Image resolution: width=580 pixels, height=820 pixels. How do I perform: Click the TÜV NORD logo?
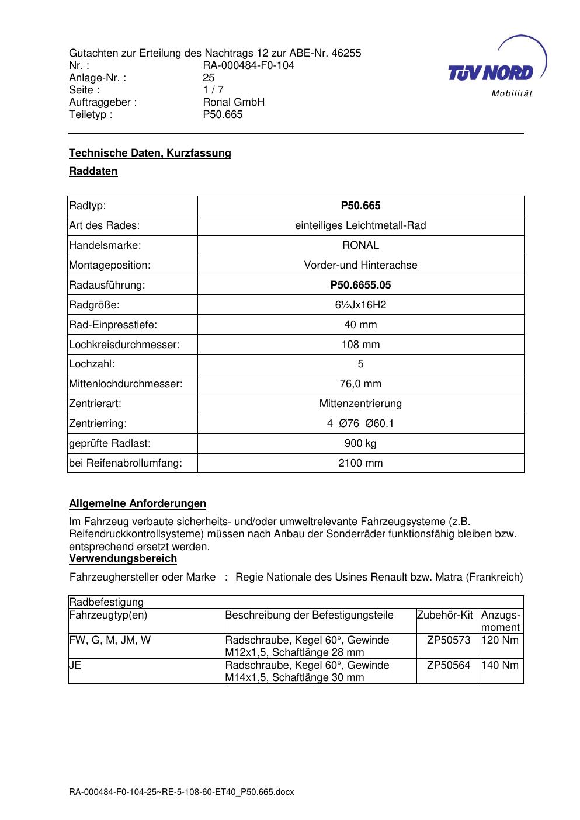coord(495,69)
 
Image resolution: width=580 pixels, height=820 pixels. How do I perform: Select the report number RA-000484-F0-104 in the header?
coord(248,65)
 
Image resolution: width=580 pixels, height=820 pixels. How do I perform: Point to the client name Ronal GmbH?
coord(234,102)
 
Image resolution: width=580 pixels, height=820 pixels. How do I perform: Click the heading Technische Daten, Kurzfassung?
coord(150,153)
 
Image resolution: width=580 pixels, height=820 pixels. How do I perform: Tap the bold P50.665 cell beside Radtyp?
coord(360,206)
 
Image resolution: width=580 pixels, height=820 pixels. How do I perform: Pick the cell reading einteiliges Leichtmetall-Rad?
coord(360,225)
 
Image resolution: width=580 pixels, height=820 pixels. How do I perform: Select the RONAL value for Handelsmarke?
coord(360,245)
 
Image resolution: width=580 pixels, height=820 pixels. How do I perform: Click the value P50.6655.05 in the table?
coord(360,285)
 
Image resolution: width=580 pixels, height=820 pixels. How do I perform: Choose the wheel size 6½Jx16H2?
coord(360,305)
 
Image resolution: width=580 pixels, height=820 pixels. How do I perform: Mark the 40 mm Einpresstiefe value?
coord(360,325)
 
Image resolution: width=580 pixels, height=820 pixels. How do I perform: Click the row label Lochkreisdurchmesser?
coord(124,345)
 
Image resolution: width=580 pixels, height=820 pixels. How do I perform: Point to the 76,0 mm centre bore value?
coord(360,384)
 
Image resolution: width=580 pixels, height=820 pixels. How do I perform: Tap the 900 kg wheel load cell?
coord(360,443)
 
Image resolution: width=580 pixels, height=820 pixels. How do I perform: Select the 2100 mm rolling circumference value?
coord(360,463)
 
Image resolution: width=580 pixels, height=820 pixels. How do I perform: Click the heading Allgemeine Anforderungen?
coord(137,503)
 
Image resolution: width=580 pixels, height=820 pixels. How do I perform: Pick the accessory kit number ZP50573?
coord(448,640)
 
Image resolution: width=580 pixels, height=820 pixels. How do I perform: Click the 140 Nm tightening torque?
coord(501,665)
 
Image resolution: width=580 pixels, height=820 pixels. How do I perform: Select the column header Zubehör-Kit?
coord(445,615)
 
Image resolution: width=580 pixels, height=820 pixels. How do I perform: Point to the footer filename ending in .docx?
coord(181,792)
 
